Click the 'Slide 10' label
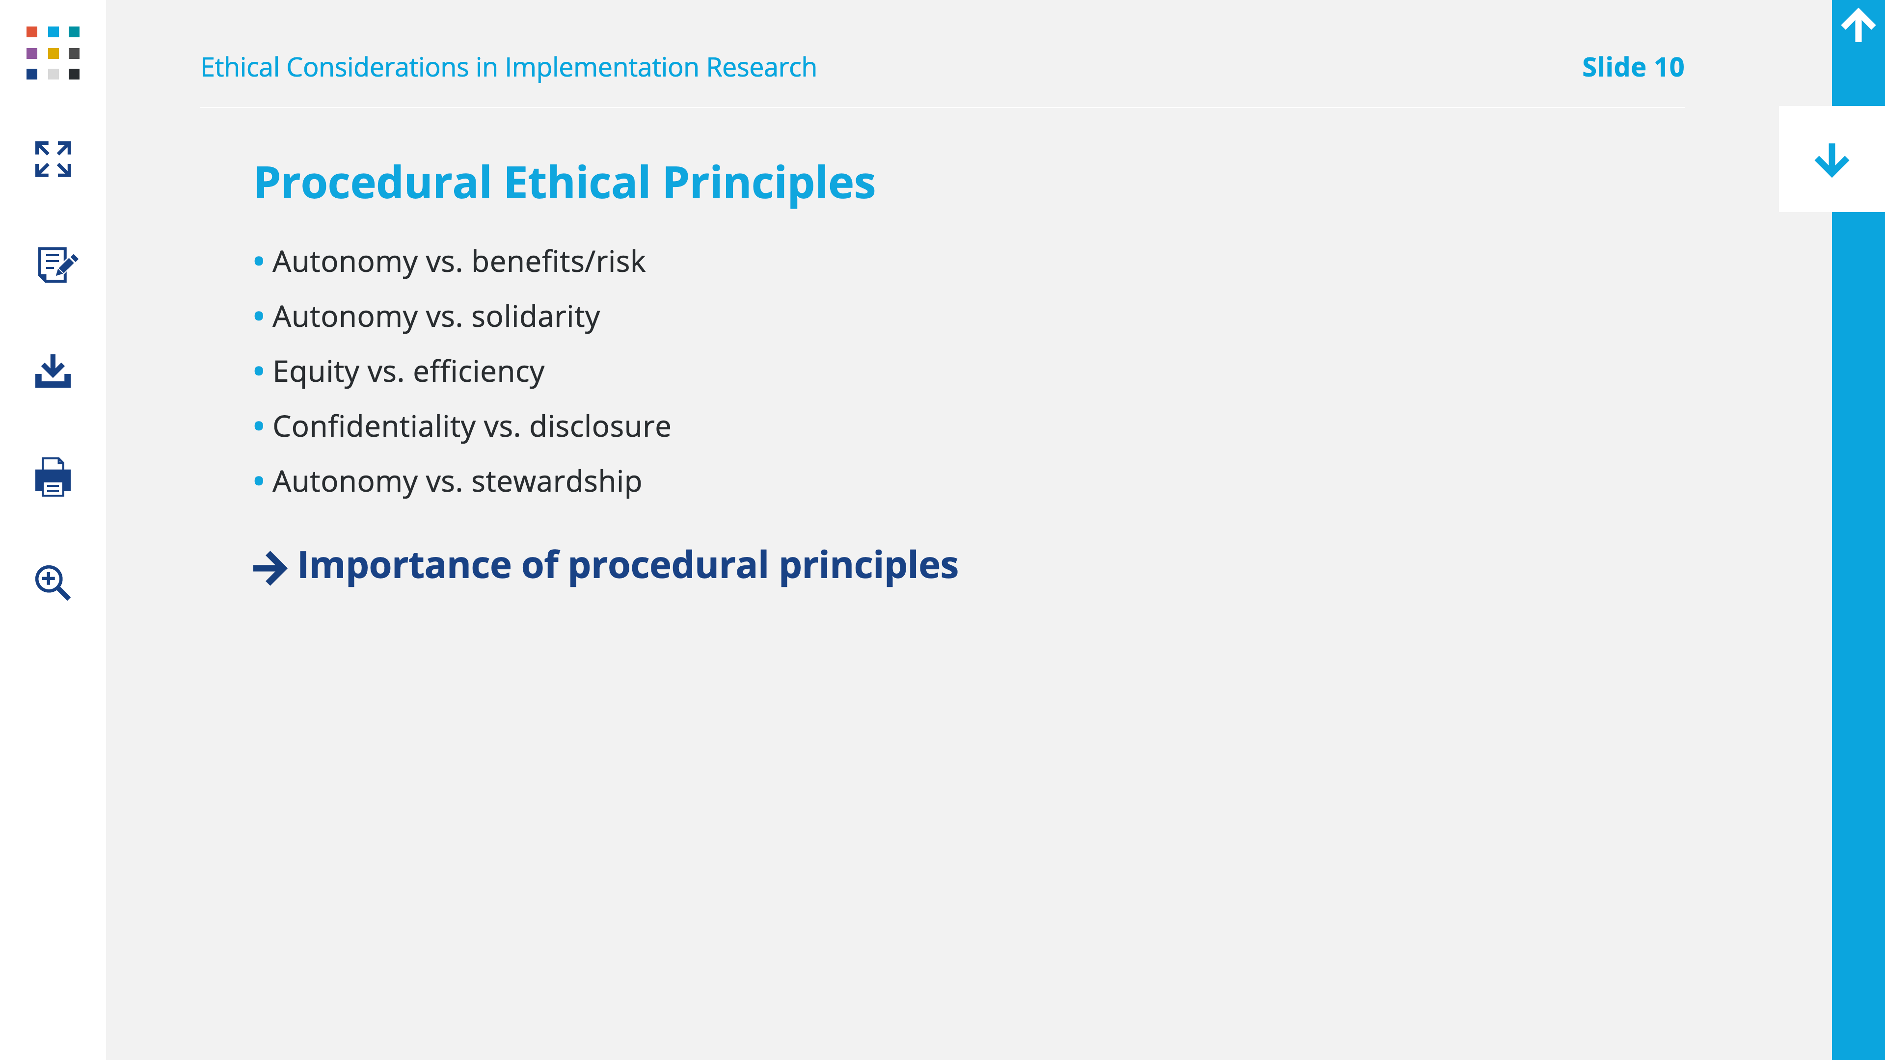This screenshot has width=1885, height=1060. pyautogui.click(x=1633, y=67)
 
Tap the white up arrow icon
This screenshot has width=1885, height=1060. pyautogui.click(x=1858, y=25)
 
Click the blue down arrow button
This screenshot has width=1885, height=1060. pyautogui.click(x=1831, y=159)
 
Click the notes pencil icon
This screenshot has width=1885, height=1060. pyautogui.click(x=57, y=264)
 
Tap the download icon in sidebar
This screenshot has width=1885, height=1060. pyautogui.click(x=53, y=371)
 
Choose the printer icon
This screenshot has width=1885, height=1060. pyautogui.click(x=53, y=477)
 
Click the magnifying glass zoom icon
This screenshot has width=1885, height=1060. pyautogui.click(x=53, y=583)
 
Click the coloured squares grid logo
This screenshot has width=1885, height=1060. pyautogui.click(x=53, y=53)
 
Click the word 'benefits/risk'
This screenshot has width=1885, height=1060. pyautogui.click(x=558, y=261)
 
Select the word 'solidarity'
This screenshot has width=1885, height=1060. pyautogui.click(x=536, y=316)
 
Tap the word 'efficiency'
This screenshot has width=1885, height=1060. pyautogui.click(x=479, y=371)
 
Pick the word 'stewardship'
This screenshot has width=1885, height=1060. pyautogui.click(x=556, y=481)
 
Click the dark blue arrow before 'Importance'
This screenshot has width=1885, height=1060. pyautogui.click(x=270, y=568)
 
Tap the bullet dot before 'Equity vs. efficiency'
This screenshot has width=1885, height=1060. pyautogui.click(x=258, y=371)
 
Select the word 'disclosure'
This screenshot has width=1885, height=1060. pyautogui.click(x=600, y=426)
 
